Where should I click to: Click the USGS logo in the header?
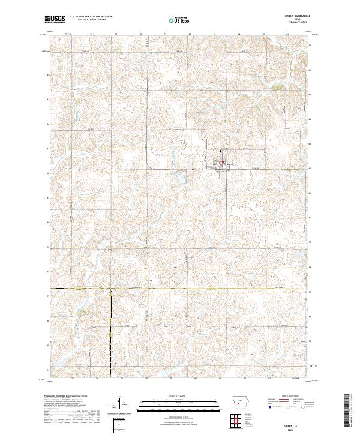[x=55, y=19]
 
